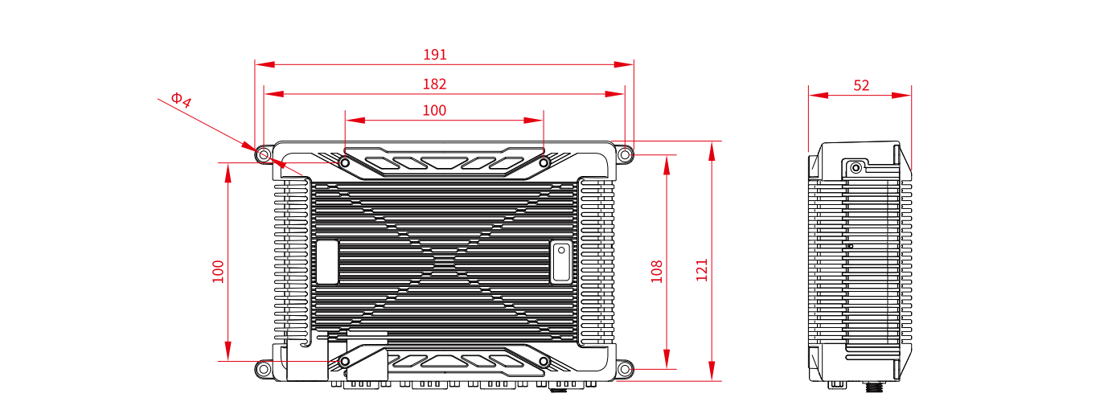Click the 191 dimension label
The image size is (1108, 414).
pos(435,55)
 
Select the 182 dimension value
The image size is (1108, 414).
pos(434,84)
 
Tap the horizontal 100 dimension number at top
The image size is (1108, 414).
pos(434,110)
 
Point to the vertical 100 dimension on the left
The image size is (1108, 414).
pos(218,272)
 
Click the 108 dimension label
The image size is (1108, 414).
pos(656,272)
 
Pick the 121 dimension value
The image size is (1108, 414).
pos(702,270)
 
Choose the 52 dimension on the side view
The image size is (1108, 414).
pos(861,85)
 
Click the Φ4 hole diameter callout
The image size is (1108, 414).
pos(181,100)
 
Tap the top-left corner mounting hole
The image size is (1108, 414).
pos(264,155)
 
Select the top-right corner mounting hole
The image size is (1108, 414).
pos(625,155)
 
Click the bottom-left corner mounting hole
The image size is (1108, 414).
pos(264,369)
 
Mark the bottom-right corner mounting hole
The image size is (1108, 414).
pos(625,369)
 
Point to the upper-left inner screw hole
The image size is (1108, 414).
pos(345,162)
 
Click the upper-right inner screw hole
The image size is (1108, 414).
pos(544,162)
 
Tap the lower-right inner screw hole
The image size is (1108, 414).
pos(544,362)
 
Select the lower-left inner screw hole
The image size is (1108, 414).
pos(345,362)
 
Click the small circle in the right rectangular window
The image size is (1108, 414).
pos(561,250)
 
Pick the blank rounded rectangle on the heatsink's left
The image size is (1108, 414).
pos(327,262)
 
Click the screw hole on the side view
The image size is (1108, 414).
pos(856,168)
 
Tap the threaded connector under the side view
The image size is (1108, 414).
pos(875,387)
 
